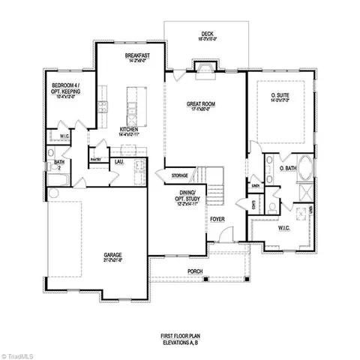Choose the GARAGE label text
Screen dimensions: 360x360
(113, 255)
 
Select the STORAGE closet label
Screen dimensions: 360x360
(179, 175)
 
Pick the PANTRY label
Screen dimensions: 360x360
(95, 159)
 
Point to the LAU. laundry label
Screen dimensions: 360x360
(118, 160)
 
